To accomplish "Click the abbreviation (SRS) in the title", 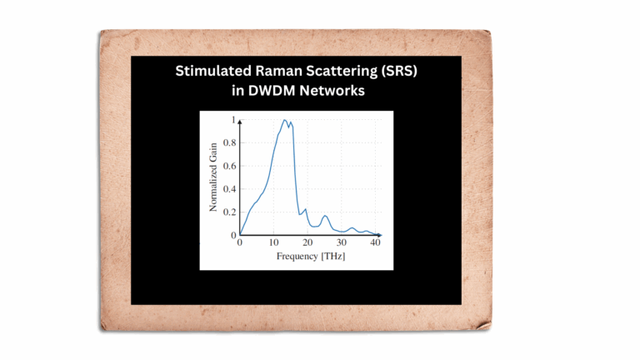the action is point(400,72).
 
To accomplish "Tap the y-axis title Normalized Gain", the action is point(213,177).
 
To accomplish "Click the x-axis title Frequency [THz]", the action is point(311,257).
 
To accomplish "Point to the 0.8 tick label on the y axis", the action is point(229,142).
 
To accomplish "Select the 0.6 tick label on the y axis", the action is point(229,166).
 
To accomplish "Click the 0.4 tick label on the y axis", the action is point(229,189).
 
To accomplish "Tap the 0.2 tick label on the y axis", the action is point(229,212).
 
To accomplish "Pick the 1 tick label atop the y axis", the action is point(233,120).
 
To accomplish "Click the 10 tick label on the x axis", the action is point(273,242).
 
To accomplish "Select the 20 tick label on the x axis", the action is point(307,242).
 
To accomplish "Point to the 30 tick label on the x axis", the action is point(341,242).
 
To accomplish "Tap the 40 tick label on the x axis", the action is point(375,242).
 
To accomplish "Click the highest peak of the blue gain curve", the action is point(284,120).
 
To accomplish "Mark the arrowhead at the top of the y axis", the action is point(240,122).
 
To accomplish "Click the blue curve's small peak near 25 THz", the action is point(325,216).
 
